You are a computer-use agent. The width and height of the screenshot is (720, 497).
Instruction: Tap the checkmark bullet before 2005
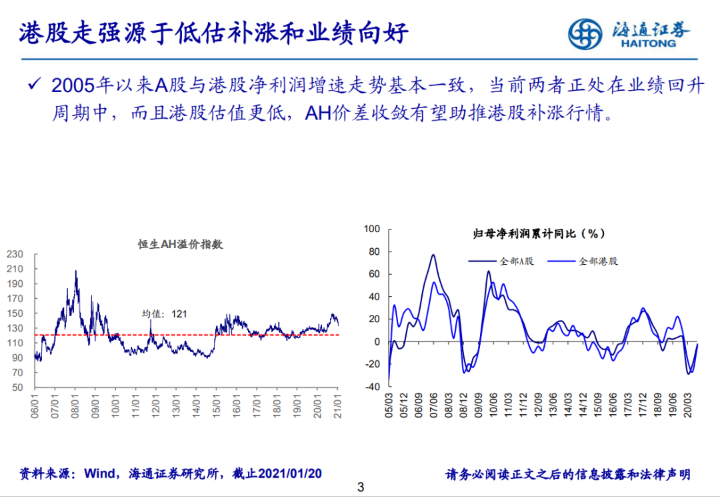[33, 85]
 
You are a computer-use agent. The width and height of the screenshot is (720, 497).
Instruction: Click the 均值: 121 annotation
[163, 313]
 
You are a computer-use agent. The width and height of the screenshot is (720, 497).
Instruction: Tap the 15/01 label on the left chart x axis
[216, 405]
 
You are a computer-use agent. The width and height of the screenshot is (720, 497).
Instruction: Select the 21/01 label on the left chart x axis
[337, 405]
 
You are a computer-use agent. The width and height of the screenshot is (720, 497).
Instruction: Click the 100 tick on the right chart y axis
[371, 229]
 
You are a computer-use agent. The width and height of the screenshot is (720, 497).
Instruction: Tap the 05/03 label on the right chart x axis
[389, 406]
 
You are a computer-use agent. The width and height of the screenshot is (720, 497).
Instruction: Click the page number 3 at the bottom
[361, 487]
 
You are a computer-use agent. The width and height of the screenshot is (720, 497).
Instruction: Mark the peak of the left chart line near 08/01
[75, 271]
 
